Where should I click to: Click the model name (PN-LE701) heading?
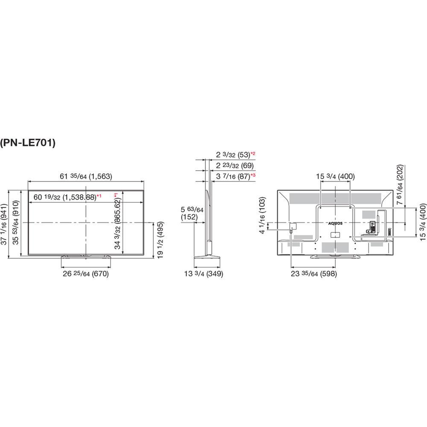28,143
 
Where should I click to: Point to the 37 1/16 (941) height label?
5,224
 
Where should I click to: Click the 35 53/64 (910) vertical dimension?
16,222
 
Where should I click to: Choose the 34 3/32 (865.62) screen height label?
117,221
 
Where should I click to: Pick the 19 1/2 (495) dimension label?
161,240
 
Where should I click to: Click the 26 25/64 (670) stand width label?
86,273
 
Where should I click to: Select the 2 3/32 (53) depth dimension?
233,155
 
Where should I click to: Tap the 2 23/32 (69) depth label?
235,166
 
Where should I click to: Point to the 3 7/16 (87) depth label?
233,176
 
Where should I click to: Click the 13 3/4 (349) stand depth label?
204,273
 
